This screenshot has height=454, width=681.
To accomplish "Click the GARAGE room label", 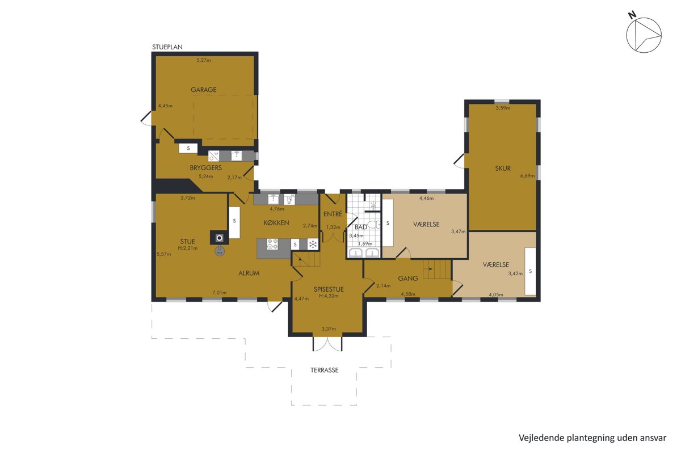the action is click(203, 90).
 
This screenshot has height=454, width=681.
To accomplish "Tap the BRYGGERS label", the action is click(205, 167).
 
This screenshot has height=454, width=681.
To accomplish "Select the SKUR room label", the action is click(503, 168).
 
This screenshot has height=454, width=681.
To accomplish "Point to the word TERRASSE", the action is click(324, 370).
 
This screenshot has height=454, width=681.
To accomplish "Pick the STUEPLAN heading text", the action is click(167, 47).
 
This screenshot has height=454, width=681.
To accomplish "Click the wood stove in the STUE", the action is click(219, 238).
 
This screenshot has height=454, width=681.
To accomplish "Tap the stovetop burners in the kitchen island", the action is click(272, 244).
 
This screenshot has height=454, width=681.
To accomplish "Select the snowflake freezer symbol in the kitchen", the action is click(313, 244).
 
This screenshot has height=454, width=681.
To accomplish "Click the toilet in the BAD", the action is click(374, 225).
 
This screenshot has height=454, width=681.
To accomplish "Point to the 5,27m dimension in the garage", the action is click(203, 60).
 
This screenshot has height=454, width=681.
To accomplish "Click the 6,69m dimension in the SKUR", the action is click(527, 175).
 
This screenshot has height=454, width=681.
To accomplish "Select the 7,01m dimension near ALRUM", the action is click(219, 292).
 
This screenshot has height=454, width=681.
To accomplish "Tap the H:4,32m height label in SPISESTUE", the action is click(329, 296).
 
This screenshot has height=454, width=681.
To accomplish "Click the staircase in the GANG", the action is click(436, 270).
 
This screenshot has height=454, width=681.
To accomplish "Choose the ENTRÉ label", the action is click(333, 214).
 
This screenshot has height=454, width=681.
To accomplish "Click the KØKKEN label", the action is click(276, 223).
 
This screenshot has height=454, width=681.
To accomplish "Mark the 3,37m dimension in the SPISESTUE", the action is click(329, 329).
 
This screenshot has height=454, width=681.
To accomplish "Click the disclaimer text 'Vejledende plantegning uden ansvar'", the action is click(592, 438).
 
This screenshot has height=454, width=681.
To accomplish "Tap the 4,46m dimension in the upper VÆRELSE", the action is click(426, 199).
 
